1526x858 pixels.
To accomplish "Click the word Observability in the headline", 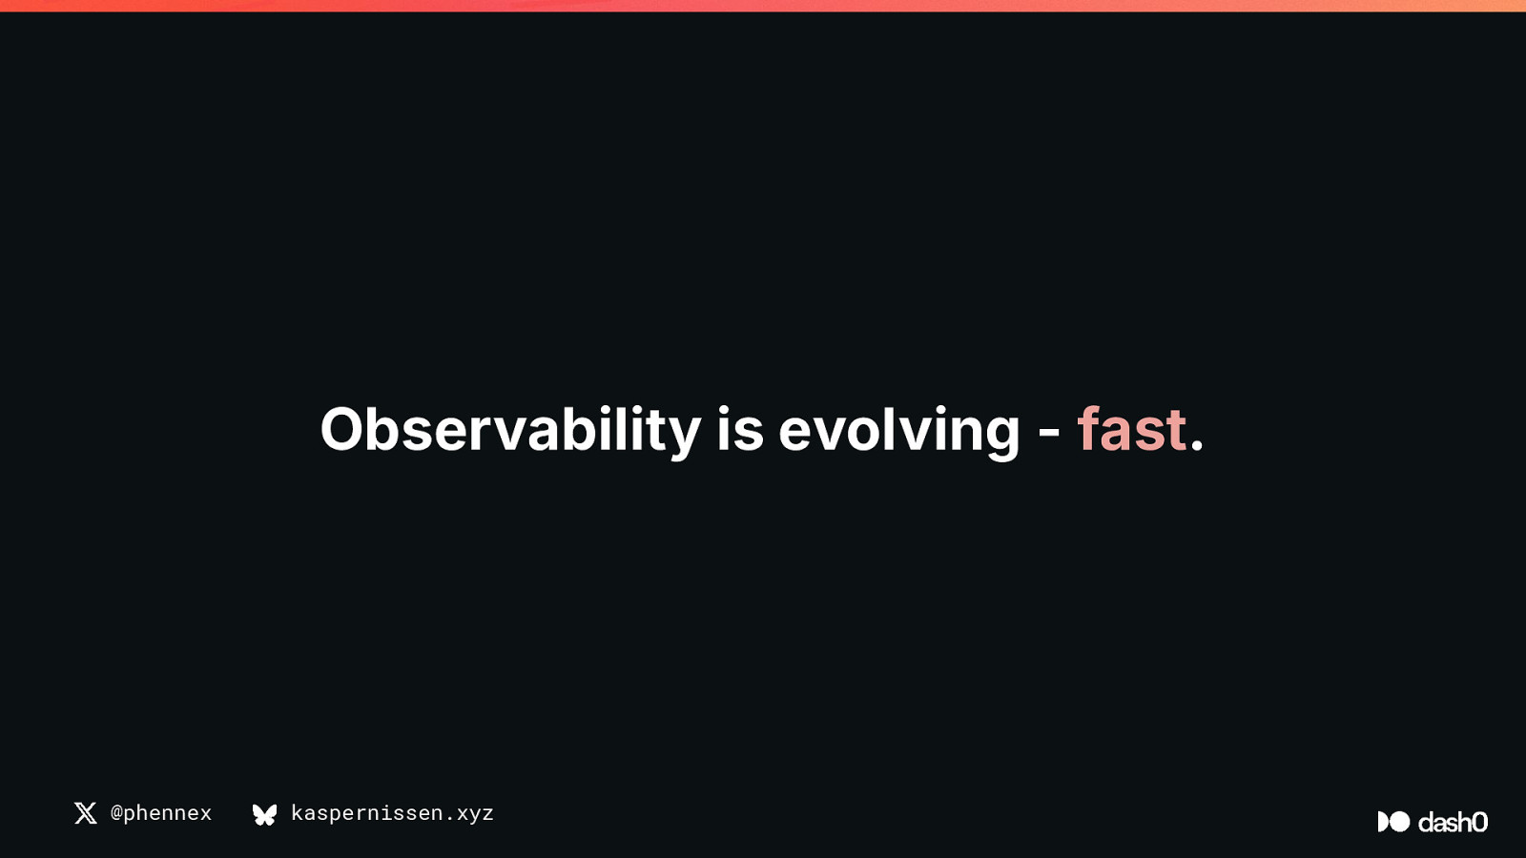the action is [511, 429].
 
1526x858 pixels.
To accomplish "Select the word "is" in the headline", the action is [740, 429].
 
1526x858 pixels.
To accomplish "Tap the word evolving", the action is [900, 430].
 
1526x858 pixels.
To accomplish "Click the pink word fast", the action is [1131, 429].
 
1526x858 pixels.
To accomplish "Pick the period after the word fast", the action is [1197, 444].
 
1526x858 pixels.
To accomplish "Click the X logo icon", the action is [86, 813].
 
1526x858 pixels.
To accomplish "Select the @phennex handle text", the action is [161, 813].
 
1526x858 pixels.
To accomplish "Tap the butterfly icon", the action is [265, 814].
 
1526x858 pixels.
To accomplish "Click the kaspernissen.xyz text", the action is [392, 813].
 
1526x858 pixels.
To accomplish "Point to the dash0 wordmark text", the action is [1454, 822].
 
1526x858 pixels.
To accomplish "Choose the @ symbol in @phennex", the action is [116, 814].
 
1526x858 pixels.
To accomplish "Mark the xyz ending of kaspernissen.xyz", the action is [475, 815].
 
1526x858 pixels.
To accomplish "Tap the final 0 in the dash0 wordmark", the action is [1479, 822].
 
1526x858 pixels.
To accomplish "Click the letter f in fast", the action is [1089, 428].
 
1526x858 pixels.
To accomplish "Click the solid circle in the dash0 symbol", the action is [1399, 821].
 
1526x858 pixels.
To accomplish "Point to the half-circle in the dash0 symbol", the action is [1383, 821].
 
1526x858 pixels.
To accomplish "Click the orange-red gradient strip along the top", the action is [763, 6].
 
